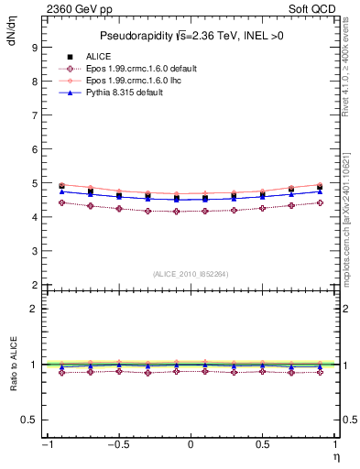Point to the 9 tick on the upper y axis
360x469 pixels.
coord(34,48)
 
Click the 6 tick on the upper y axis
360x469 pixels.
coord(34,149)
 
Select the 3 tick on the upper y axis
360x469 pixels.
coord(34,251)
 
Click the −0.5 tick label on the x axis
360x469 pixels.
coord(116,445)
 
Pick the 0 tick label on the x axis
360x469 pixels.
coord(191,445)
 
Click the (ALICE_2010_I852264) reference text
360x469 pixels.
coord(191,273)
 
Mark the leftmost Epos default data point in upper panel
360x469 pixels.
coord(61,202)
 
